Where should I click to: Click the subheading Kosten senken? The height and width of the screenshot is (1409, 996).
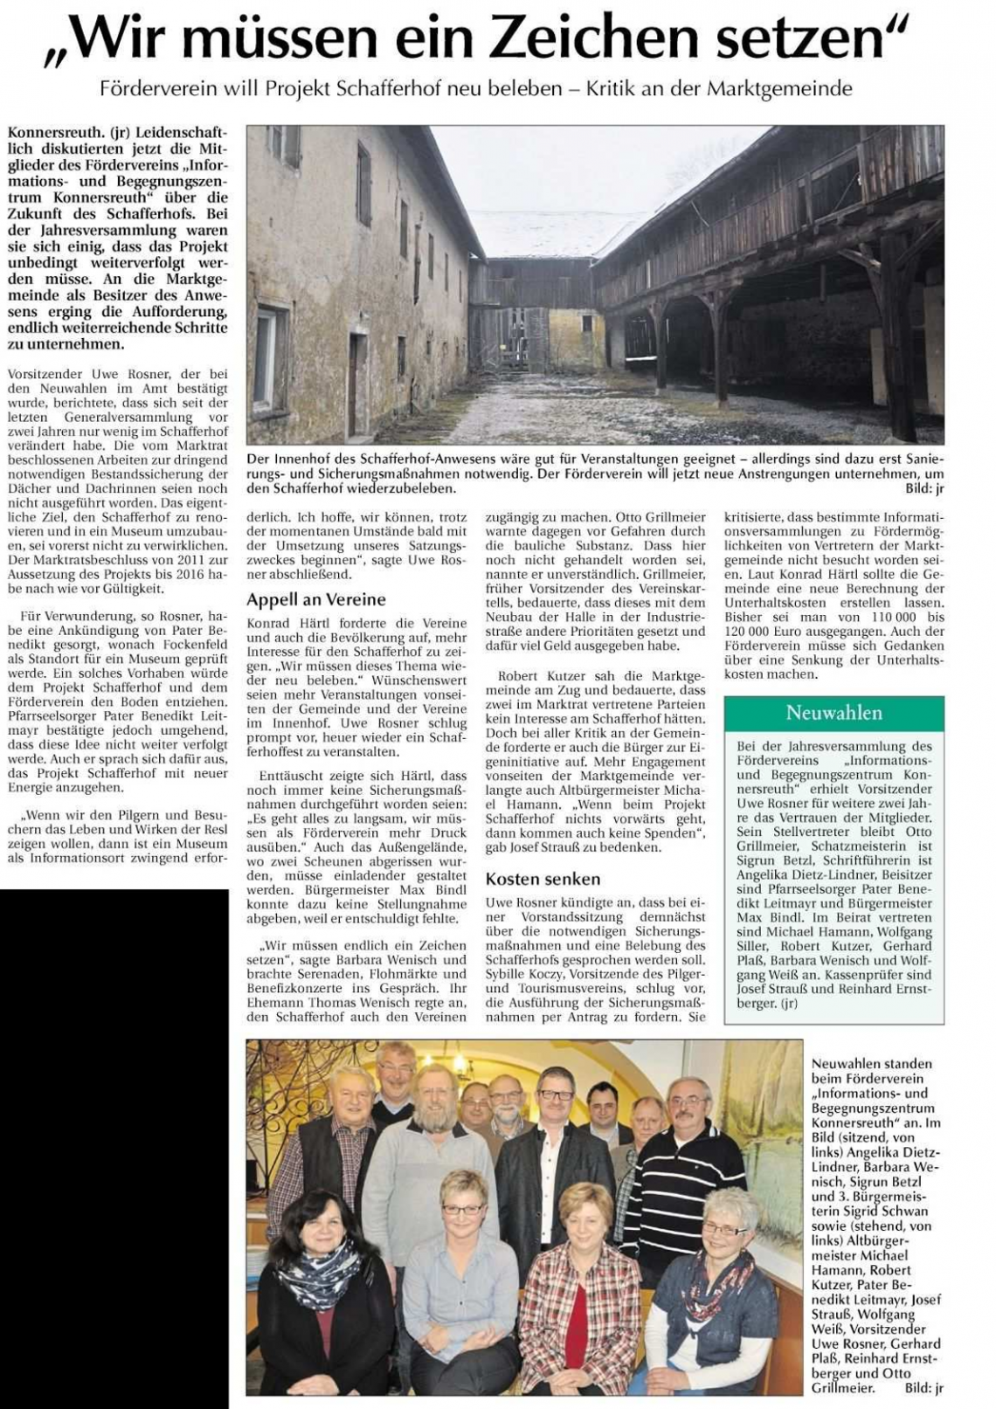pos(543,879)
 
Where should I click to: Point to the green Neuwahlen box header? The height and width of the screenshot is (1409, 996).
pos(834,713)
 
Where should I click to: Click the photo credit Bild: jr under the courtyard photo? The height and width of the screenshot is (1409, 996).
pos(925,490)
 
